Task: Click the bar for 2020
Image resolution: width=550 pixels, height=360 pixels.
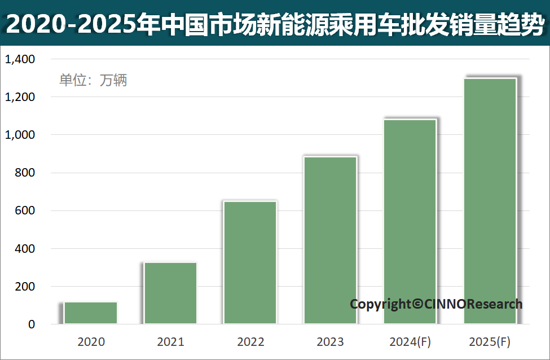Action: (91, 313)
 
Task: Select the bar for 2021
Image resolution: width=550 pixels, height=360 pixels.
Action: (170, 293)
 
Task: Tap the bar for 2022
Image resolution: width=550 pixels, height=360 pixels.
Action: (250, 263)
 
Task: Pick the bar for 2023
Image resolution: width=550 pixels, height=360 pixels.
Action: (330, 240)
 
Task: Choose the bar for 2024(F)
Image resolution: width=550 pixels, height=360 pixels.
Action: (410, 222)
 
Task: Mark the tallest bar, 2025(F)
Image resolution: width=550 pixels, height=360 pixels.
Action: (490, 201)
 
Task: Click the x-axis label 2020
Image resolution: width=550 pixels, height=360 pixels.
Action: (91, 341)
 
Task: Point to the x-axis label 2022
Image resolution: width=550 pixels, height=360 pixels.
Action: (250, 341)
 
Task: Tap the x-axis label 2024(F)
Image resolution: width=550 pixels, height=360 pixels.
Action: (410, 341)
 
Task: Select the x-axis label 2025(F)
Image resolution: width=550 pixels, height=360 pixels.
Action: (490, 341)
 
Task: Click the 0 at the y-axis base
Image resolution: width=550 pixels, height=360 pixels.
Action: (32, 324)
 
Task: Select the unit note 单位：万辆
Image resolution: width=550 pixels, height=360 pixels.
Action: (93, 80)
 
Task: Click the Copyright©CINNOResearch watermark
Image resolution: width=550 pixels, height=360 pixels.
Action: (436, 304)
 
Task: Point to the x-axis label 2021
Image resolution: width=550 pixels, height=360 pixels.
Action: (170, 341)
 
